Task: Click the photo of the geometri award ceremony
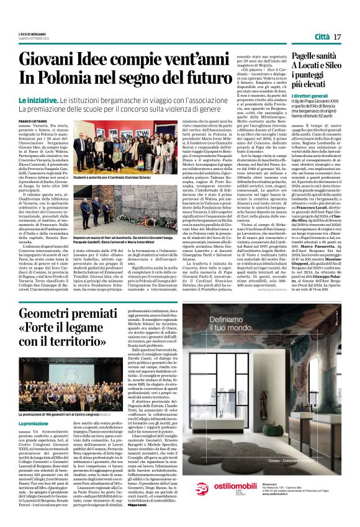(x=68, y=403)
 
